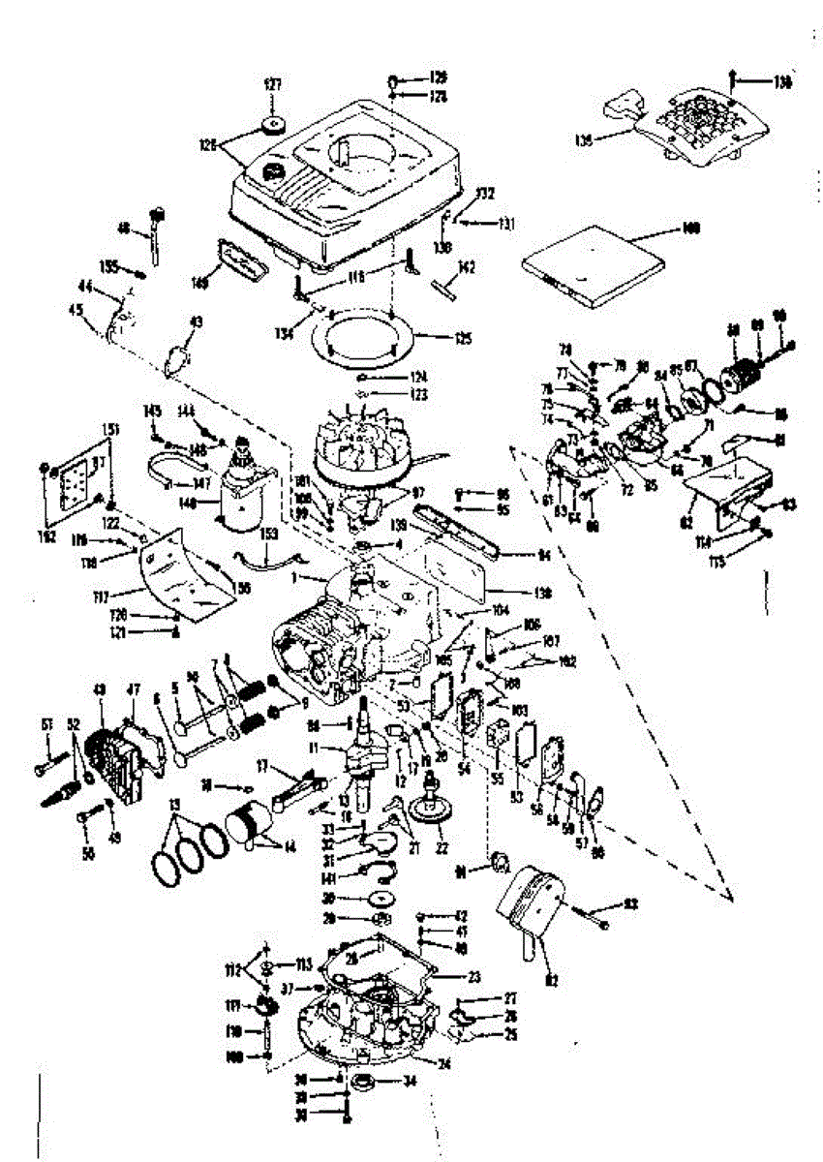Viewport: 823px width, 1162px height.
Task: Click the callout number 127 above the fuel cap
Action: (x=272, y=86)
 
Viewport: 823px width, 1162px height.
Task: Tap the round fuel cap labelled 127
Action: (x=272, y=126)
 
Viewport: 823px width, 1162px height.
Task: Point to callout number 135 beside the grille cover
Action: (x=583, y=138)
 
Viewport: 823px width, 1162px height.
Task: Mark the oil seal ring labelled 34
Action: (x=367, y=1081)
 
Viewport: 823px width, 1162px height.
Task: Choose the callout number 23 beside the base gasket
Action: (x=474, y=977)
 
